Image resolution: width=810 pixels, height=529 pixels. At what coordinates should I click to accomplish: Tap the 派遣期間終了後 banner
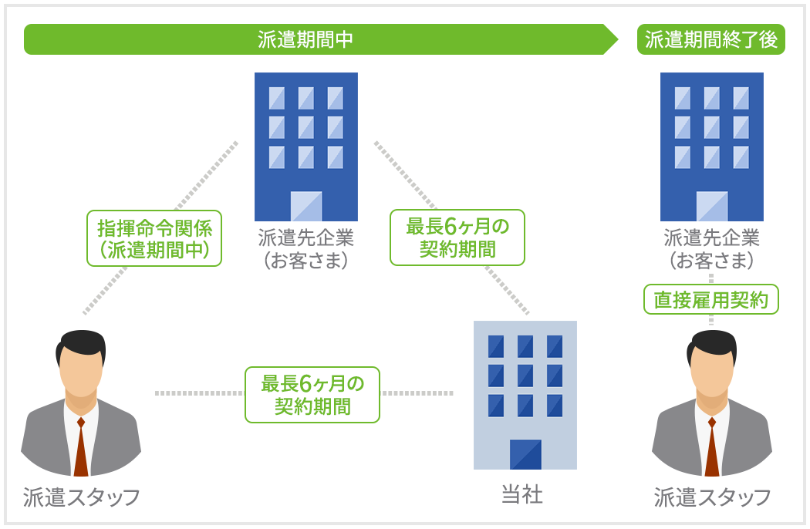coord(710,39)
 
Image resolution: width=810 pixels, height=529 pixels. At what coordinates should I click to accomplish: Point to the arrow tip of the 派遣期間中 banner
coord(618,39)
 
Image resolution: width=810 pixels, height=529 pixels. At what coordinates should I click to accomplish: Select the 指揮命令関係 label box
coord(154,238)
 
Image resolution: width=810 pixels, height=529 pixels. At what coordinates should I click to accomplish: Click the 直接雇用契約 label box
coord(710,299)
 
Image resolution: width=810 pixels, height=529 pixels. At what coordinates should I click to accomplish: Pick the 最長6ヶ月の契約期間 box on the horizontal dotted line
coord(312,395)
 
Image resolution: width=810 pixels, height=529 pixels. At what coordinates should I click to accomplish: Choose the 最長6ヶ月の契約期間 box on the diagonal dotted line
coord(457,238)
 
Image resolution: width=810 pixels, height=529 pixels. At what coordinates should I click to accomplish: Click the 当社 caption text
coord(522,494)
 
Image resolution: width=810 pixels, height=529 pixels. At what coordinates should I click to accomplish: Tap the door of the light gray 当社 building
coord(525,455)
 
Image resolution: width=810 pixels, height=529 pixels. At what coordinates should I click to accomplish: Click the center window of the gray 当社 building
coord(525,376)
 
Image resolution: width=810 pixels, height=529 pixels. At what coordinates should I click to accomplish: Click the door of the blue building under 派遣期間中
coord(306,206)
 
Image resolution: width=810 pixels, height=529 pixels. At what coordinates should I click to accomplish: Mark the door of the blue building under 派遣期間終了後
coord(712,206)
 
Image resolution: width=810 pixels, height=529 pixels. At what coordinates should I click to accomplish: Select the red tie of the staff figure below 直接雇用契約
coord(712,446)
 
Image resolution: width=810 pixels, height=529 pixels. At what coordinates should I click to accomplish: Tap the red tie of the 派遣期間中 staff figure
coord(81,446)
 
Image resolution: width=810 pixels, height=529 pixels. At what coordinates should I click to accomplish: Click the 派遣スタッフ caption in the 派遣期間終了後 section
coord(712,497)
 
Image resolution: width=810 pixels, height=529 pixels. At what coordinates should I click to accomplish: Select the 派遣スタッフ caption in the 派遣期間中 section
coord(81,497)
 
